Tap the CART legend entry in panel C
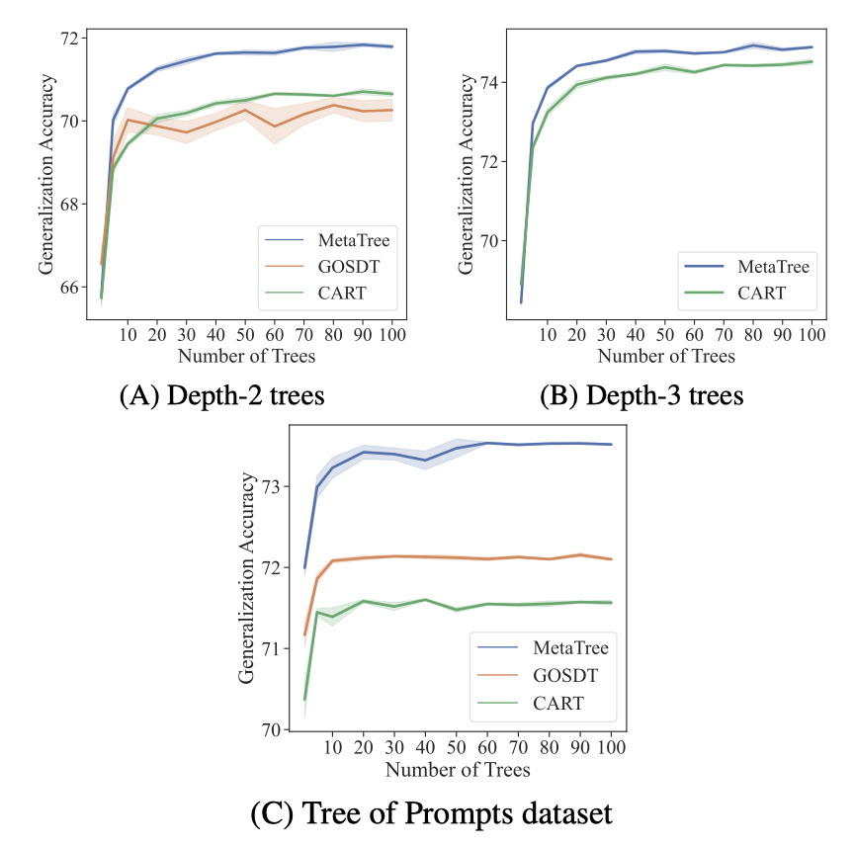[559, 704]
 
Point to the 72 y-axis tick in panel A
[72, 38]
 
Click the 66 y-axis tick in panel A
[72, 288]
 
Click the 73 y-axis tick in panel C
[273, 486]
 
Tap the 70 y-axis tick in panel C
[273, 729]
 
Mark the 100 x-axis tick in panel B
[811, 337]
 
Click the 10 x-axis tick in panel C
[334, 748]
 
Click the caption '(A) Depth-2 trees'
[222, 394]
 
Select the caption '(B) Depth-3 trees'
[640, 394]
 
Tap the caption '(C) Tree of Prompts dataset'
[431, 813]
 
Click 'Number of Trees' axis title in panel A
[245, 356]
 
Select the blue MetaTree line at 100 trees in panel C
[611, 445]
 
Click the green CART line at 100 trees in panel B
[811, 61]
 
